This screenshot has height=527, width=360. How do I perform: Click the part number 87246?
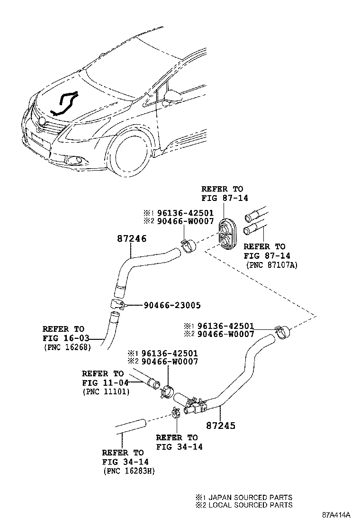click(131, 239)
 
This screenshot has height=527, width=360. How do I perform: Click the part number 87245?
click(220, 425)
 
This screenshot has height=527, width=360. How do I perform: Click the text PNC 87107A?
click(271, 265)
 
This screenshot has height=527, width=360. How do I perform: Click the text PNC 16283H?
click(128, 471)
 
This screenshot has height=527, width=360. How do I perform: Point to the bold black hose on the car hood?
click(65, 104)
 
